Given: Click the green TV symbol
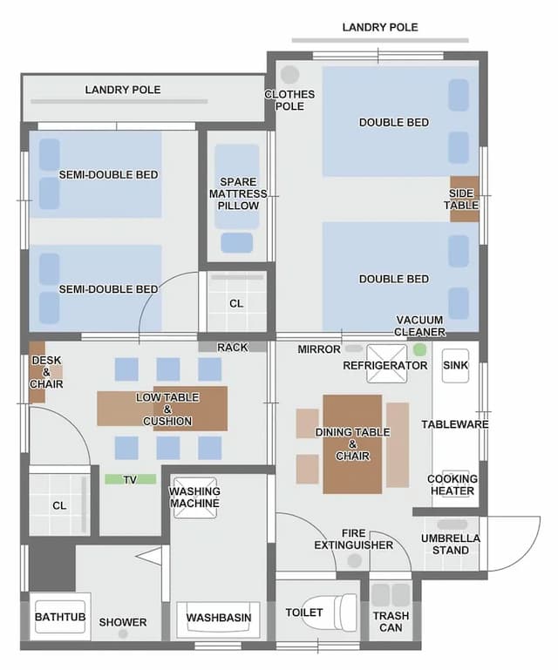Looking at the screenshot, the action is [131, 479].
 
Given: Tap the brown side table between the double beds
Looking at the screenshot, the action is [464, 199].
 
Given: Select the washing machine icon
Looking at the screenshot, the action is [195, 497].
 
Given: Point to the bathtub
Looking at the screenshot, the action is [60, 617].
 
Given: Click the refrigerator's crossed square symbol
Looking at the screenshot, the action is [386, 363].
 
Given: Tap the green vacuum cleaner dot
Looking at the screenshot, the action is [420, 349].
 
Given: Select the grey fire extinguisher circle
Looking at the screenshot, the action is [354, 560].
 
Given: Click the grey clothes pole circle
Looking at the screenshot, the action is [290, 74].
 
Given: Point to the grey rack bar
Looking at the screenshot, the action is [232, 347].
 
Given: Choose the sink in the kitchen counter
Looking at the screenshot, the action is [455, 365].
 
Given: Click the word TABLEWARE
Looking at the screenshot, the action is [455, 424].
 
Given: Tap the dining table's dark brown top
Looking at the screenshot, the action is [352, 444].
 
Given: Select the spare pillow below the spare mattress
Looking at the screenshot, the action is [237, 243].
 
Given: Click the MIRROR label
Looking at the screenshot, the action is [319, 349].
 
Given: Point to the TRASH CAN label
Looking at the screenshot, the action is [391, 622].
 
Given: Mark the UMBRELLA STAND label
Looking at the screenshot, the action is [451, 544].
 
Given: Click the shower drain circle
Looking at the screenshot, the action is [123, 634].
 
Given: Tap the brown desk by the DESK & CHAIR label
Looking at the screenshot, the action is [37, 372].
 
